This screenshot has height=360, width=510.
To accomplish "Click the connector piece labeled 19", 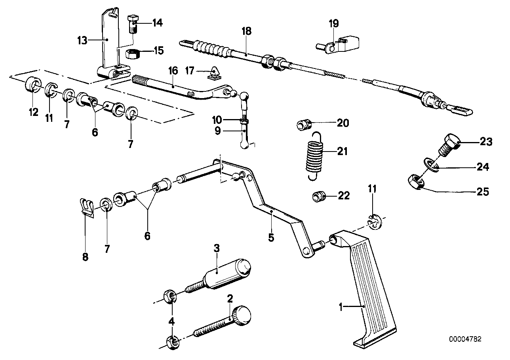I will (x=340, y=45).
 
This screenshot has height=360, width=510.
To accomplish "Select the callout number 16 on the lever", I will (x=173, y=71).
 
